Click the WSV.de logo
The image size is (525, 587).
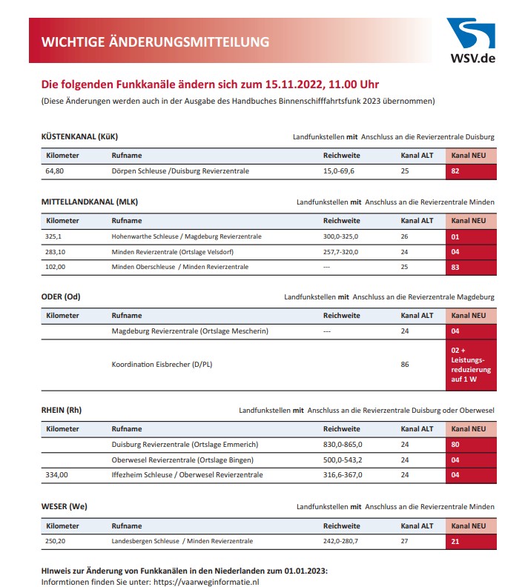pos(471,42)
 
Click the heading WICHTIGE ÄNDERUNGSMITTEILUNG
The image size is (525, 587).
pos(155,42)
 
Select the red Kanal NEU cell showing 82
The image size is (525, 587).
pos(471,171)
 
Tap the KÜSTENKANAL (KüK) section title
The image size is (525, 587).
pos(79,136)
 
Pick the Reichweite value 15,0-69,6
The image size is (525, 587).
pos(339,171)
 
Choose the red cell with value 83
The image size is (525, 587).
pos(471,267)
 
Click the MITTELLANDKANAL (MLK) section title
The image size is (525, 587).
pos(89,202)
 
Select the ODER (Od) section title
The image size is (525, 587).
pos(61,297)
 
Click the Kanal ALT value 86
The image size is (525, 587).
pos(405,365)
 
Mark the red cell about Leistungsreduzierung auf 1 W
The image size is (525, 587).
pos(471,365)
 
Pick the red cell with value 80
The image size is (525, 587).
pos(471,445)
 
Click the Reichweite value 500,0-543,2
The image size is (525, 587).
pos(343,460)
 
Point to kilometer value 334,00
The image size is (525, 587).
pos(57,474)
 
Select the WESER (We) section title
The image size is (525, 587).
pos(65,507)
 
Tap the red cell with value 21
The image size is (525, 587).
pos(471,542)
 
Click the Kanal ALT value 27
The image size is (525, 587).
pos(405,542)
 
